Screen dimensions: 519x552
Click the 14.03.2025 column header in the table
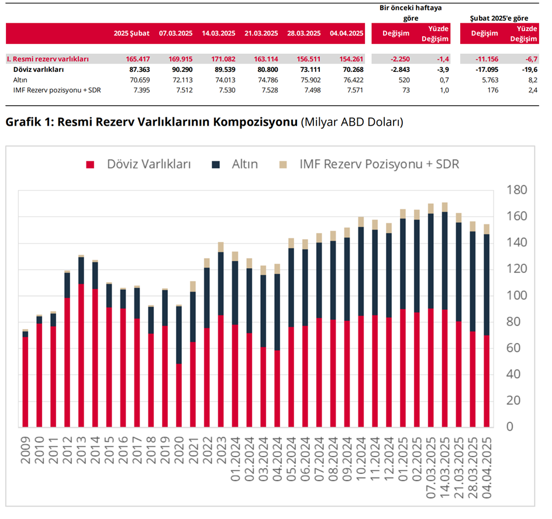coord(218,33)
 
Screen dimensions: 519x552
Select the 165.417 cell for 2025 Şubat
coord(137,59)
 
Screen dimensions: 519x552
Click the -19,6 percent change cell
coord(528,70)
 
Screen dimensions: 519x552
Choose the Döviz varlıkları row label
coord(38,70)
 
